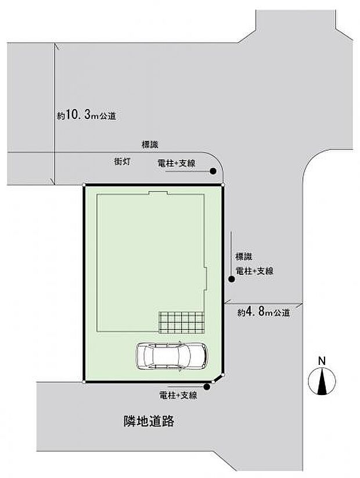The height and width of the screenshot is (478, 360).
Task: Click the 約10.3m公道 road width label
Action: click(x=87, y=115)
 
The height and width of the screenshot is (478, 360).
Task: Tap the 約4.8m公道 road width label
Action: click(x=263, y=312)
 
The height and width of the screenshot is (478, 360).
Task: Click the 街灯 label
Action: click(x=121, y=163)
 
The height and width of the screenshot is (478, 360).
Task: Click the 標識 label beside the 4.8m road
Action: click(x=243, y=256)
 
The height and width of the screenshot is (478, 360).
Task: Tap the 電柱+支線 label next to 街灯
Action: click(x=176, y=164)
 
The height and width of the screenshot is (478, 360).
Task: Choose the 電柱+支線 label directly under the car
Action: click(x=178, y=396)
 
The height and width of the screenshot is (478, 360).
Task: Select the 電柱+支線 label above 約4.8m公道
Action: click(x=254, y=270)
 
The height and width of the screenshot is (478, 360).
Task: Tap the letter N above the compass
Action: click(x=321, y=360)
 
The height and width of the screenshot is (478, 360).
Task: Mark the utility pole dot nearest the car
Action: click(x=208, y=388)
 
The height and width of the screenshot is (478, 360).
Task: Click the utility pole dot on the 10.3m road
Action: click(x=213, y=171)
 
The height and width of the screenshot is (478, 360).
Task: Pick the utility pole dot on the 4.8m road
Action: click(x=231, y=280)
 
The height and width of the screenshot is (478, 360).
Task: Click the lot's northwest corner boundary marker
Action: click(x=85, y=186)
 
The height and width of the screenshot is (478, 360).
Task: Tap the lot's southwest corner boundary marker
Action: click(x=85, y=382)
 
